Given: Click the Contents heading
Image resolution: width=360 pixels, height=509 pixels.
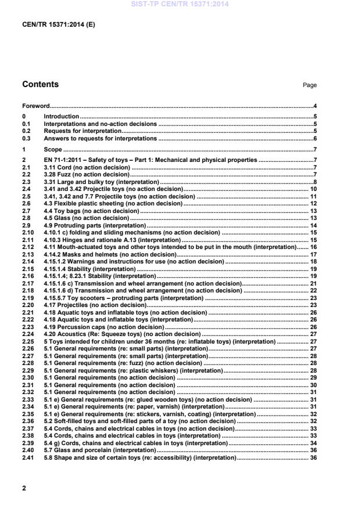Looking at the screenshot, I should pyautogui.click(x=40, y=84).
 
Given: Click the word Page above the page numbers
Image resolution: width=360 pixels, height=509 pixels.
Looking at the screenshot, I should pyautogui.click(x=309, y=85).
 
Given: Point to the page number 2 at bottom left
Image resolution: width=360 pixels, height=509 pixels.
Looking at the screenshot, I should pyautogui.click(x=24, y=488).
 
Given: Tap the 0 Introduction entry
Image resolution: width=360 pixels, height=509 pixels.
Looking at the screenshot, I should pyautogui.click(x=62, y=117).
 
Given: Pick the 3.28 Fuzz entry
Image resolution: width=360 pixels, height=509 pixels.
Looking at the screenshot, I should pyautogui.click(x=87, y=174).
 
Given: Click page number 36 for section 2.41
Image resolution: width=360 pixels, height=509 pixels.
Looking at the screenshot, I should pyautogui.click(x=313, y=457).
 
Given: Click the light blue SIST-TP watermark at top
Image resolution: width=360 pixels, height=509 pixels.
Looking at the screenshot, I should pyautogui.click(x=179, y=3).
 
